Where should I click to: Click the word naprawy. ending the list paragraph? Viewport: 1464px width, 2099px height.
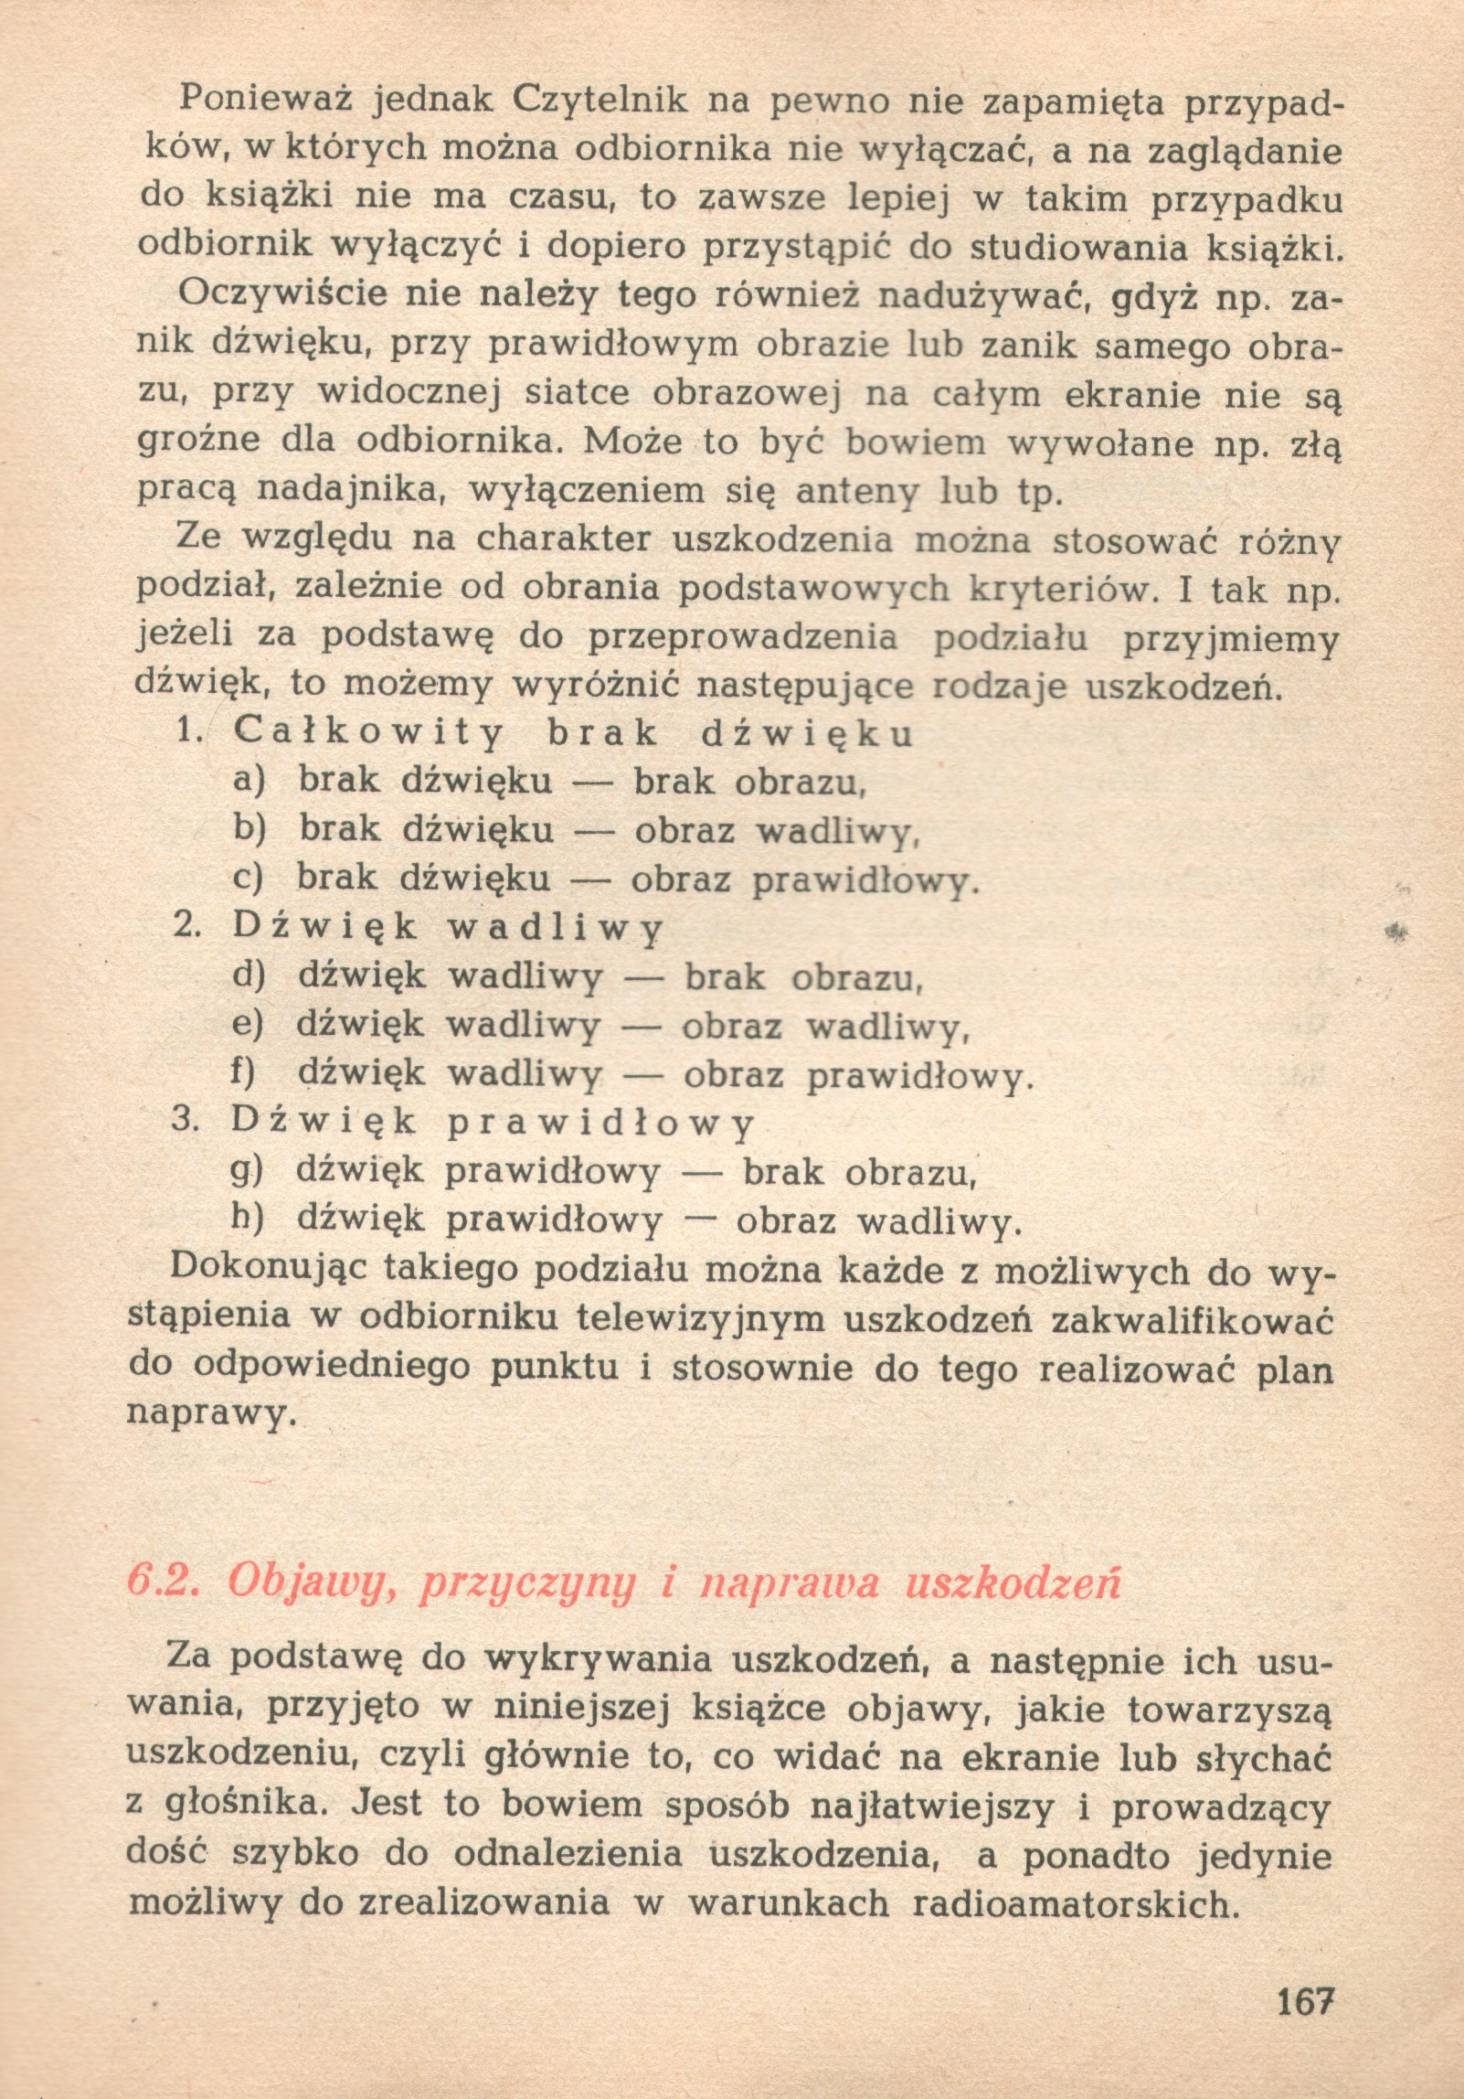coord(213,1414)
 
